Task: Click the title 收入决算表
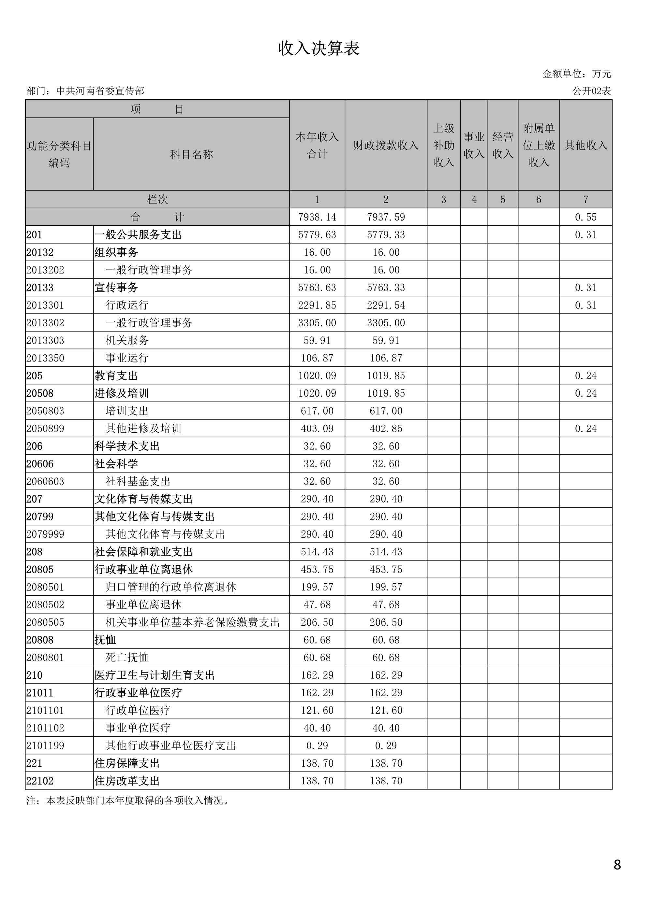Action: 319,48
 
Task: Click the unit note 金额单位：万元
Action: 576,74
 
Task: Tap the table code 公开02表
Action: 591,91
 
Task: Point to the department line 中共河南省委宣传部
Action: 85,91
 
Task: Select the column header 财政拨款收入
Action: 385,145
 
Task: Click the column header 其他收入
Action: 585,145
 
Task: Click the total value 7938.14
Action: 317,217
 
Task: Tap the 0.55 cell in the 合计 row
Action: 585,217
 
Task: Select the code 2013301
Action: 45,305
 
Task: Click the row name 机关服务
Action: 127,341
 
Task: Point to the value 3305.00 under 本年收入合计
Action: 317,323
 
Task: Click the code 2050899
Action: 45,428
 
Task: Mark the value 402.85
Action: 385,428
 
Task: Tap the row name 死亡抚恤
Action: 127,658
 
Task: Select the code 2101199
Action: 45,746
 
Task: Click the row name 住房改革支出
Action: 127,781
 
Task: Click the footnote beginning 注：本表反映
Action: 128,801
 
